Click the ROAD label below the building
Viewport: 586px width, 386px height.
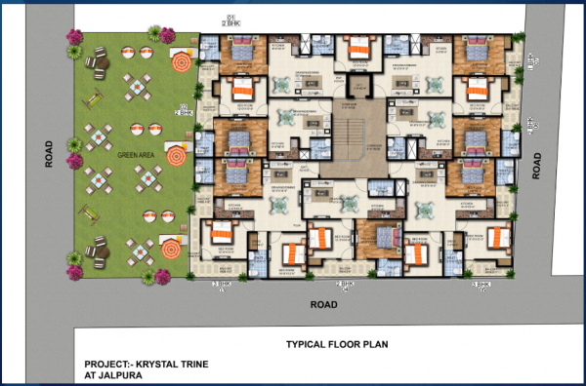tap(323, 304)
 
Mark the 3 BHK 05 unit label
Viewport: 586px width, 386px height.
tap(480, 285)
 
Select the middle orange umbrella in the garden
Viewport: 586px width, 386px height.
tap(176, 155)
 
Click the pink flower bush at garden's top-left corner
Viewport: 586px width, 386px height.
tap(74, 39)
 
